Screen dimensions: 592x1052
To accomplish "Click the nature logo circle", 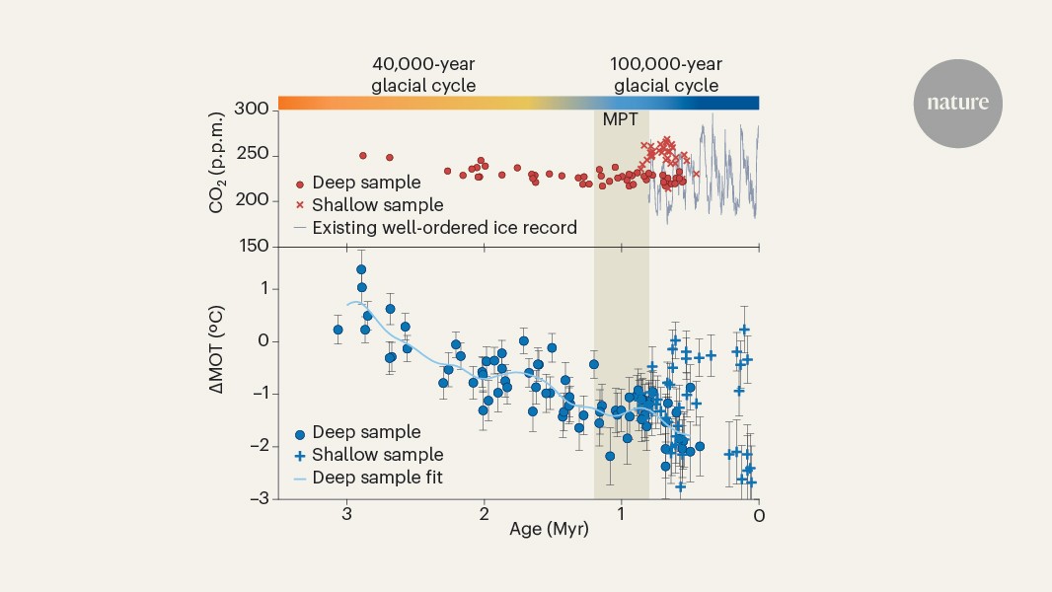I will (956, 104).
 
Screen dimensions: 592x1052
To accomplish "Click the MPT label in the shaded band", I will (621, 120).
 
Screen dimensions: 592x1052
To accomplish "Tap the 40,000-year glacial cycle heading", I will (423, 75).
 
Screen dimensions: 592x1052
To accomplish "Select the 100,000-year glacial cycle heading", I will (665, 75).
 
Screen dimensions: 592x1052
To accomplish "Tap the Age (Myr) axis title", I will (549, 530).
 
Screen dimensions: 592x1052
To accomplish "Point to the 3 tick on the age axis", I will (346, 514).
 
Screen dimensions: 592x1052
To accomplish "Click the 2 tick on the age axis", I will (484, 514).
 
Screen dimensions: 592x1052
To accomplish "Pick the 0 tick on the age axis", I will (758, 514).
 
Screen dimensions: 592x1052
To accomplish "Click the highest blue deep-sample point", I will (361, 269).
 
